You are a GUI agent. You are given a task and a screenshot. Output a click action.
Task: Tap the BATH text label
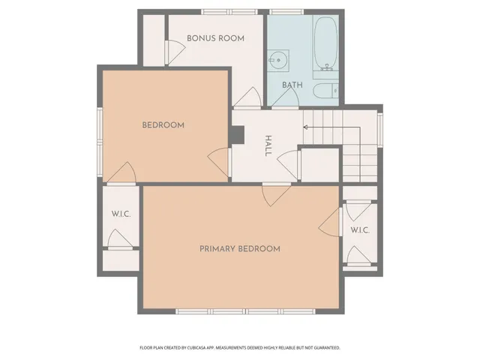point(292,85)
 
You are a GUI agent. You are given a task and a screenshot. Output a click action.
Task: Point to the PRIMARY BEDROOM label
point(239,249)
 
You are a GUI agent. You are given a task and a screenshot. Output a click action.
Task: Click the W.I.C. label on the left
point(121,214)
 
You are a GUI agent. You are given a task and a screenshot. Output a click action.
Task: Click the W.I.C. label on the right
point(360,230)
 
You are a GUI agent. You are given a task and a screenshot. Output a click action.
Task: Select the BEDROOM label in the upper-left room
point(163,125)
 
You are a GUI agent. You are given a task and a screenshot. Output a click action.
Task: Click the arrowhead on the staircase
point(305,127)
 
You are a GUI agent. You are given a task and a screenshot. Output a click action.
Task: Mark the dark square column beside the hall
point(238,135)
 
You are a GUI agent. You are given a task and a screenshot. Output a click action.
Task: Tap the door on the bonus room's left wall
point(175,51)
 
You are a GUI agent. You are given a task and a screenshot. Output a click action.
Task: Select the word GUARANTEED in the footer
point(325,348)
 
